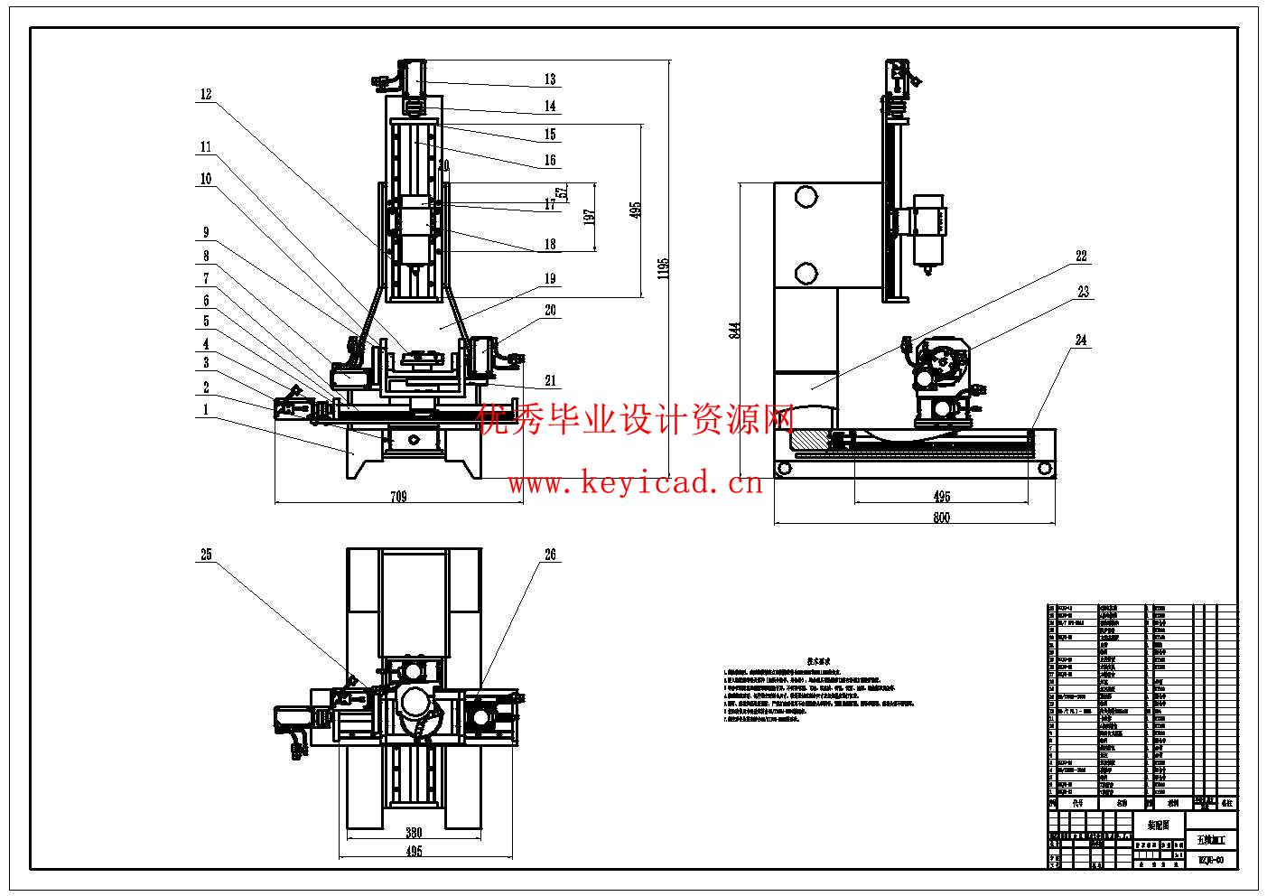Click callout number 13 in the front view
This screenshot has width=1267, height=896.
(550, 79)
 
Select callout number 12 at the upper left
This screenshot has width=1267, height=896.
(206, 94)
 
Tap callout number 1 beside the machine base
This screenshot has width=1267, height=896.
(206, 409)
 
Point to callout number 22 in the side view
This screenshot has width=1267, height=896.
(1082, 257)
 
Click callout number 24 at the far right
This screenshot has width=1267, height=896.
(1082, 341)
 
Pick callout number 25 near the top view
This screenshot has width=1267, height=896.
(206, 555)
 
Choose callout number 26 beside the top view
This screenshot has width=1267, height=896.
(550, 555)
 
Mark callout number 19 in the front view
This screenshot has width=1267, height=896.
(550, 280)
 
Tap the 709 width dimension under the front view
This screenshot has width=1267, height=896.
(398, 496)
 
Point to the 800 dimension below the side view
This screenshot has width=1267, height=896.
(941, 518)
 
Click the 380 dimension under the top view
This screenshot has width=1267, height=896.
(414, 833)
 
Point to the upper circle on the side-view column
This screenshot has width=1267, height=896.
(806, 197)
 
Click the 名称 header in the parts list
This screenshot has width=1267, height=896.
(1121, 802)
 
